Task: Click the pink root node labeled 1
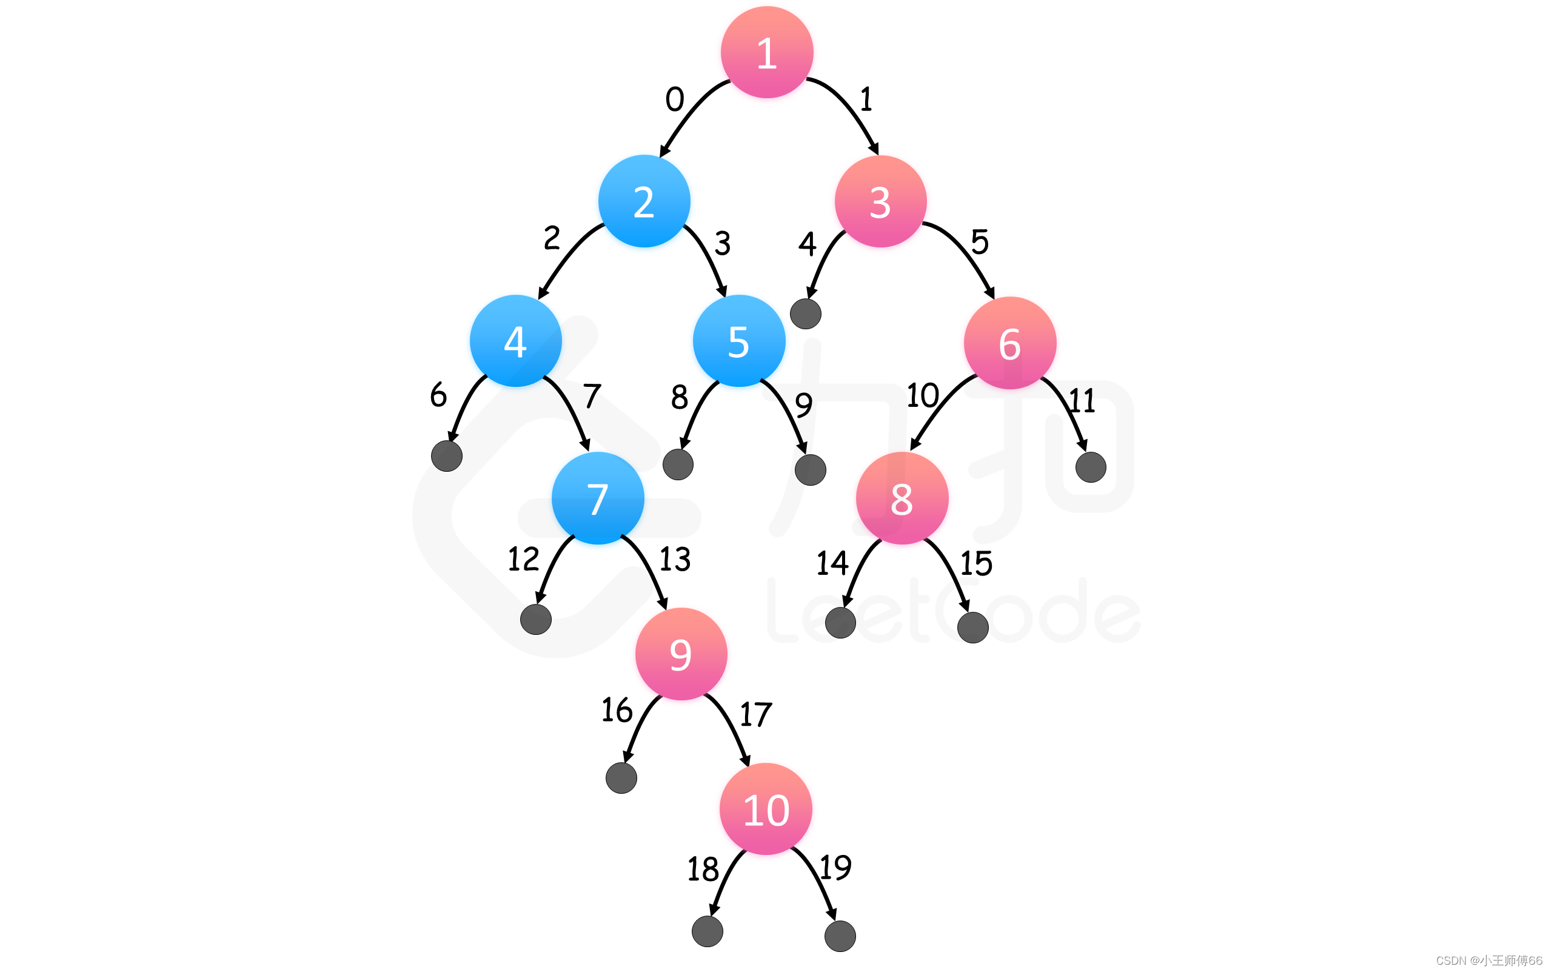[767, 52]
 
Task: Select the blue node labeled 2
[644, 201]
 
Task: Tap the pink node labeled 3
[880, 201]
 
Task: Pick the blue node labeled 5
[739, 341]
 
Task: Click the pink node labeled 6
[1009, 343]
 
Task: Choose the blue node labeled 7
[598, 498]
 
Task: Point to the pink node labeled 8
[901, 498]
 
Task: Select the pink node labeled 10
[766, 809]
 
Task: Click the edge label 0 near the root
[675, 99]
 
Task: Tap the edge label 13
[675, 559]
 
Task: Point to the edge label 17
[755, 714]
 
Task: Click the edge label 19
[835, 868]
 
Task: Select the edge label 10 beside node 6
[923, 395]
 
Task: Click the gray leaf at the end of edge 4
[805, 313]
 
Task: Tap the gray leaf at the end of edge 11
[1091, 467]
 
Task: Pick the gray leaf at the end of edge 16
[621, 778]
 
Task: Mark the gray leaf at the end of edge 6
[447, 456]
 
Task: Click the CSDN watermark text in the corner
[1488, 960]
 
